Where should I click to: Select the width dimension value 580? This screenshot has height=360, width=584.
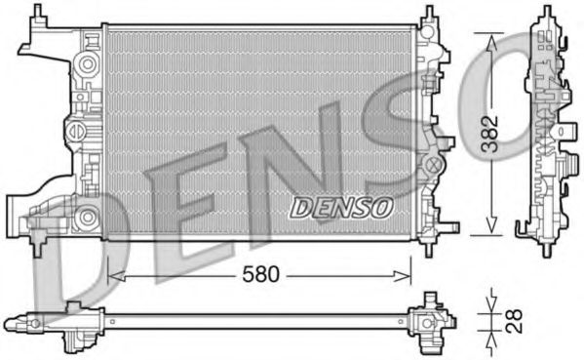click(260, 274)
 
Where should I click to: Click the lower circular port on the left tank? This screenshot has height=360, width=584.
click(87, 217)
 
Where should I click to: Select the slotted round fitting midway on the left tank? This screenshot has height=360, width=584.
click(74, 129)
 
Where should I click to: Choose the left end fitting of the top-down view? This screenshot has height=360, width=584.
click(73, 321)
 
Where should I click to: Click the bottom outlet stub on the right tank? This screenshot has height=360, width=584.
click(449, 226)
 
